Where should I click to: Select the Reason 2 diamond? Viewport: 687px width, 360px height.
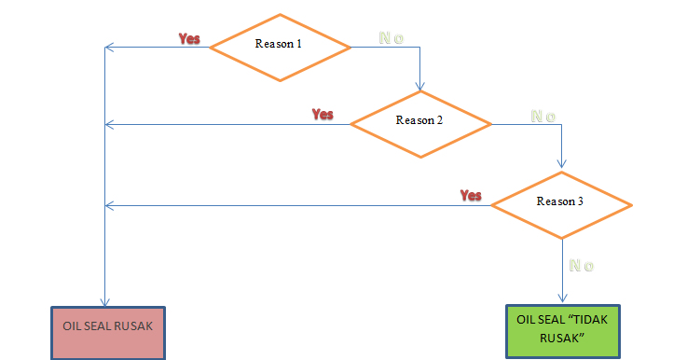click(420, 121)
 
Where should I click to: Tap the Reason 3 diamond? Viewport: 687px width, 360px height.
click(561, 201)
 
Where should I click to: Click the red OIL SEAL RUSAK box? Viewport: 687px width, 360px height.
click(108, 331)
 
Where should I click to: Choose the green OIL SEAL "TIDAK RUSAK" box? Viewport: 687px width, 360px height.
click(561, 331)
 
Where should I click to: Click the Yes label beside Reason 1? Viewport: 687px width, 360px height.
click(189, 39)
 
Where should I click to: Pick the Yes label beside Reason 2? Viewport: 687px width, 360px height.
click(323, 115)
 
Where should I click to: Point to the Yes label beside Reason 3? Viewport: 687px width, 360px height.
click(471, 196)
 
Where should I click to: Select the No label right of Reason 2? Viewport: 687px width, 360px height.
click(543, 117)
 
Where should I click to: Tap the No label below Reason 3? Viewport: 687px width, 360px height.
click(581, 266)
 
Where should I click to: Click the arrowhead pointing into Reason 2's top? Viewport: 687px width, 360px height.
click(420, 87)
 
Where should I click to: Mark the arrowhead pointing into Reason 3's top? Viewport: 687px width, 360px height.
click(561, 166)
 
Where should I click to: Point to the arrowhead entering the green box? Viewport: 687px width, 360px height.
click(561, 300)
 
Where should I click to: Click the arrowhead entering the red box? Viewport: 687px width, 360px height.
click(104, 300)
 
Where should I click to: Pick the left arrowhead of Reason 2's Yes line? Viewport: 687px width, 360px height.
click(108, 124)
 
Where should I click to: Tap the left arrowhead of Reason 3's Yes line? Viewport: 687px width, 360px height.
click(108, 205)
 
